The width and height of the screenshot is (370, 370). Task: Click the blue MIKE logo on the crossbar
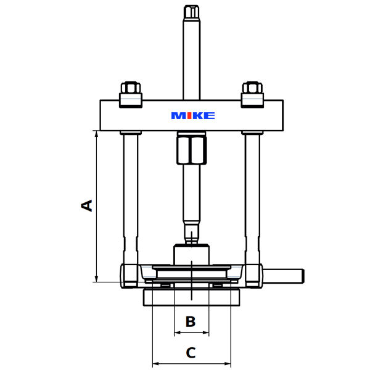[x=192, y=115]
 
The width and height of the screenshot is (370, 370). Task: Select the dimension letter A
[x=88, y=205]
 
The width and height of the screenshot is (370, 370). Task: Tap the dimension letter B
[x=191, y=321]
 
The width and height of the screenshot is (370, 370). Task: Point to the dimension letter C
[x=191, y=353]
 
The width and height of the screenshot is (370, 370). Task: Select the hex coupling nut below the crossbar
[x=191, y=149]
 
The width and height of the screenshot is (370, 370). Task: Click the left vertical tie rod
[x=130, y=191]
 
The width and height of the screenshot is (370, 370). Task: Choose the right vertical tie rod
[x=253, y=191]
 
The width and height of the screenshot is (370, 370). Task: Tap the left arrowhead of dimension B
[x=177, y=333]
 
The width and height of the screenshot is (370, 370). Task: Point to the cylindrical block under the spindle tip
[x=191, y=254]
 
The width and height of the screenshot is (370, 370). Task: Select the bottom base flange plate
[x=191, y=297]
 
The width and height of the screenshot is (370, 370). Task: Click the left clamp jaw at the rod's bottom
[x=130, y=274]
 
